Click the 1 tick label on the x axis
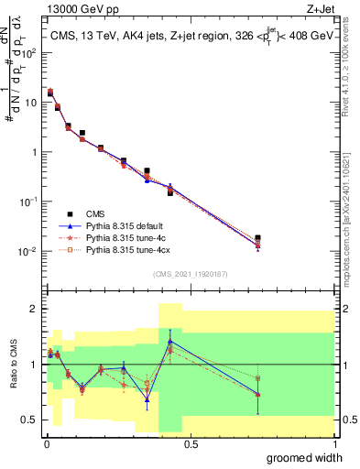(333, 444)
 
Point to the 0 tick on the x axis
(45, 444)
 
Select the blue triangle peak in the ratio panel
(169, 342)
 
